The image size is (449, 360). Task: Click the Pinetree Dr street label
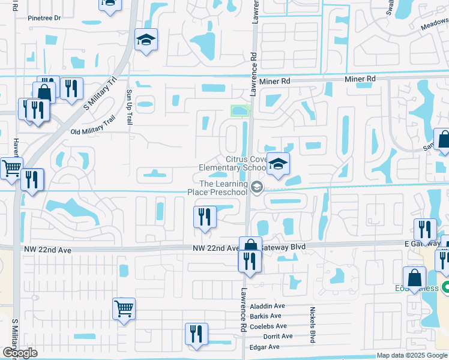(44, 18)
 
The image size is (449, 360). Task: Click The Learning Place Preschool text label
(223, 188)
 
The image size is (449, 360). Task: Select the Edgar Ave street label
(265, 347)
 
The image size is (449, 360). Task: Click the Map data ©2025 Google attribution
(412, 356)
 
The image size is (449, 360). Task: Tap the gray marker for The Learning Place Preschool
(257, 188)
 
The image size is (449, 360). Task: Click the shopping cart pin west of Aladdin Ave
(124, 309)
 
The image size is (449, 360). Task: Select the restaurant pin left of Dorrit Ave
(196, 334)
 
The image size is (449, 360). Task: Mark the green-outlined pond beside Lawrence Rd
(240, 110)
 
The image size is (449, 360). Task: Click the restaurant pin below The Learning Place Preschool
(205, 217)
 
